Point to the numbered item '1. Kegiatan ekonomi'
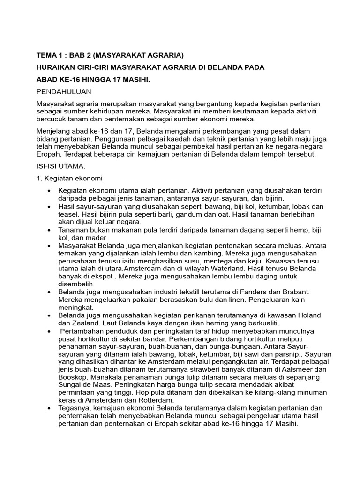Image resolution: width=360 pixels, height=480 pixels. [70, 179]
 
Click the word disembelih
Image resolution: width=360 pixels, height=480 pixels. [75, 284]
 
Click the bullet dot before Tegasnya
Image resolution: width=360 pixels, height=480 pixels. [49, 408]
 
